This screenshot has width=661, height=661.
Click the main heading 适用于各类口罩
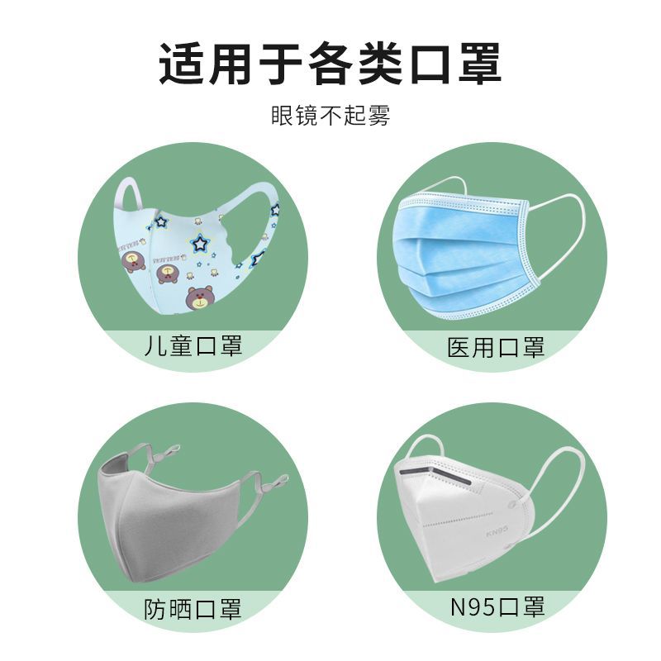click(x=330, y=64)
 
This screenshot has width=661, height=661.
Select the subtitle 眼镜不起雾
click(x=330, y=116)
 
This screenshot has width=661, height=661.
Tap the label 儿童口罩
click(x=193, y=345)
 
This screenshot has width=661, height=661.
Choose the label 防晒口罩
click(x=193, y=610)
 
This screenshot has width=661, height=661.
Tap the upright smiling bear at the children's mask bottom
click(x=198, y=297)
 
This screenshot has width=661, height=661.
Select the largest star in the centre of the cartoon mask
click(x=199, y=243)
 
